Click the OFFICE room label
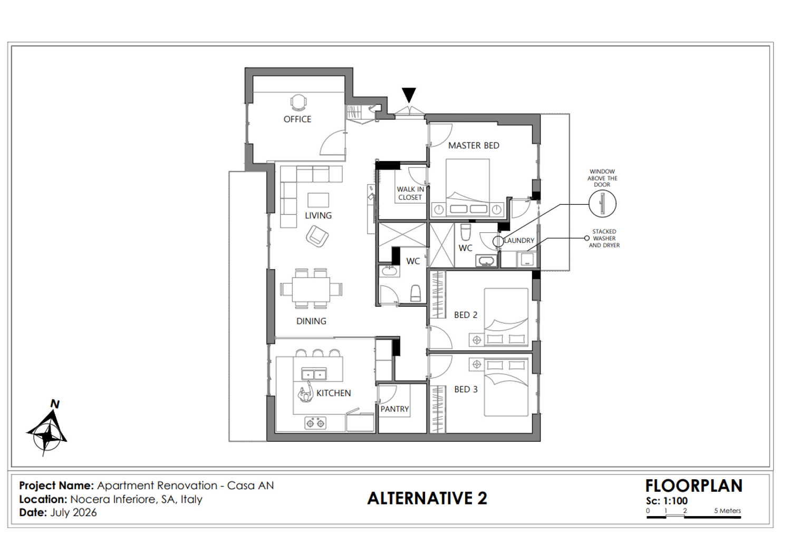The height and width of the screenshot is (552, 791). [x=297, y=119]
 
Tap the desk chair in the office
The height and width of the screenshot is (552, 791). [x=299, y=102]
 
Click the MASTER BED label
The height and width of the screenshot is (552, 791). [x=474, y=146]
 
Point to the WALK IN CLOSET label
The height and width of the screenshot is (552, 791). [x=410, y=193]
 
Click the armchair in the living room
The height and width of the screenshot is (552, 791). [x=317, y=236]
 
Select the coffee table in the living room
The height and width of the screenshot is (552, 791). [x=318, y=200]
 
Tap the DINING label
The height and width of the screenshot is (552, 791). [x=311, y=321]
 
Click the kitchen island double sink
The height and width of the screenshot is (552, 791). [x=314, y=374]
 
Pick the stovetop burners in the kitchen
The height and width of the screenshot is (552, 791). [x=315, y=423]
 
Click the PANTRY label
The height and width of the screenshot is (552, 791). [x=394, y=409]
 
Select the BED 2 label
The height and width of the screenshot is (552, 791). [x=466, y=315]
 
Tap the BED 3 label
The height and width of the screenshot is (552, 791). [x=466, y=389]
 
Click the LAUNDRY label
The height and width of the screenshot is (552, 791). [x=519, y=241]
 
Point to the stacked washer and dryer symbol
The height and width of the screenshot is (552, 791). [x=526, y=259]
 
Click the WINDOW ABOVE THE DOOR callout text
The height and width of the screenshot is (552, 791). [x=602, y=178]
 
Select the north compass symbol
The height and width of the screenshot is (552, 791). [x=47, y=429]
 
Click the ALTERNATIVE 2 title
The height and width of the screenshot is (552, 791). [x=427, y=498]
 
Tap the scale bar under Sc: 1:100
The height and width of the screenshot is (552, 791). [x=693, y=517]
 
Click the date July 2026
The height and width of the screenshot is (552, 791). [x=73, y=513]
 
